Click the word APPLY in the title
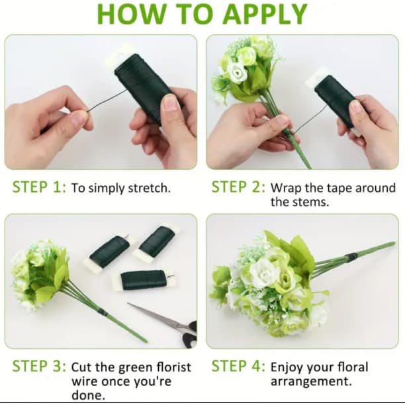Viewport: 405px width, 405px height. [265, 14]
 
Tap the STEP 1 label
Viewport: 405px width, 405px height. [39, 187]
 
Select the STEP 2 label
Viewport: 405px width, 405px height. [238, 187]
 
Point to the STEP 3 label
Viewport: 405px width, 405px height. [39, 366]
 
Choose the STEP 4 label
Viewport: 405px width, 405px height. [238, 366]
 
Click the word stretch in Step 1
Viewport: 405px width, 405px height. [150, 188]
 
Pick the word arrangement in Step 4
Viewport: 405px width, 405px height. [311, 381]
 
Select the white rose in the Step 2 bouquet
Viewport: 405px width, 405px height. [238, 72]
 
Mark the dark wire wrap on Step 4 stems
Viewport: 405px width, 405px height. [352, 257]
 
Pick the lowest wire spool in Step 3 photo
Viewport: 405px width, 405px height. [144, 280]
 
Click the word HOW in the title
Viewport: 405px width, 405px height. [132, 14]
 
